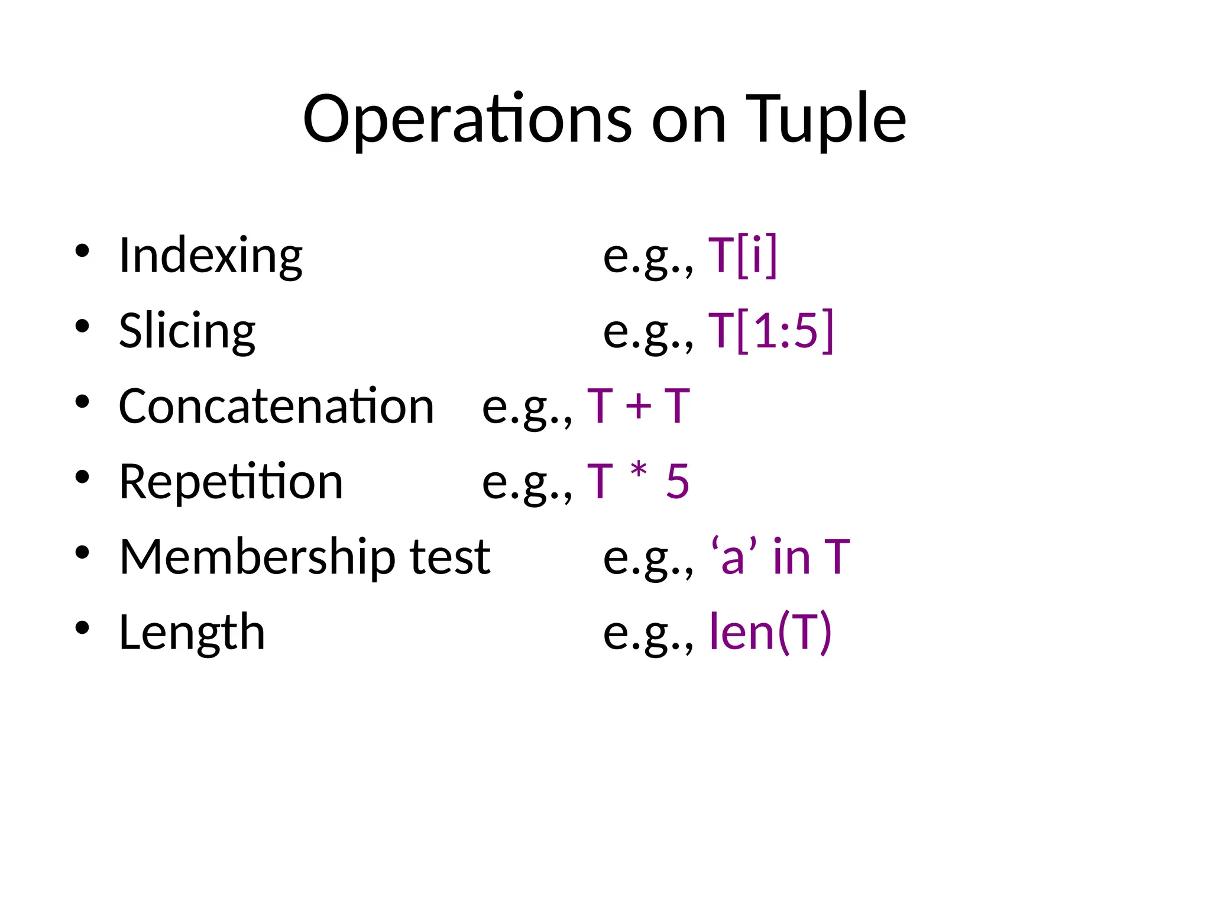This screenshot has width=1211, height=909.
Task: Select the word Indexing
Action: click(211, 256)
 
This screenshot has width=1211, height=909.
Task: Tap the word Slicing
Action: click(187, 331)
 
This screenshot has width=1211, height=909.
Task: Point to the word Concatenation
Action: click(276, 407)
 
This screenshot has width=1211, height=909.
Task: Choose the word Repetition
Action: click(231, 482)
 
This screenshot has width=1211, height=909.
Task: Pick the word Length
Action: click(192, 633)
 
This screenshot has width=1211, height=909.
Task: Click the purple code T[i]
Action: click(743, 256)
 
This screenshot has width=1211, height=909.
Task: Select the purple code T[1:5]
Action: click(771, 331)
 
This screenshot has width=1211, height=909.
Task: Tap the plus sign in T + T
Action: click(639, 407)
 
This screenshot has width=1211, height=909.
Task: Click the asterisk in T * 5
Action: click(639, 473)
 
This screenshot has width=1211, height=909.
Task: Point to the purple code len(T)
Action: click(770, 633)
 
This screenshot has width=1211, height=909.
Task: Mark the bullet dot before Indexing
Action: click(82, 250)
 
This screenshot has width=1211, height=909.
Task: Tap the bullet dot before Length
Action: click(82, 627)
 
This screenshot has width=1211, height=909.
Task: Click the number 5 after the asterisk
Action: click(678, 482)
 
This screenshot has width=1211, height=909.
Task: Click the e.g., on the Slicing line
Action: click(648, 332)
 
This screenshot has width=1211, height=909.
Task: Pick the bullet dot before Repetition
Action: click(82, 476)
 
